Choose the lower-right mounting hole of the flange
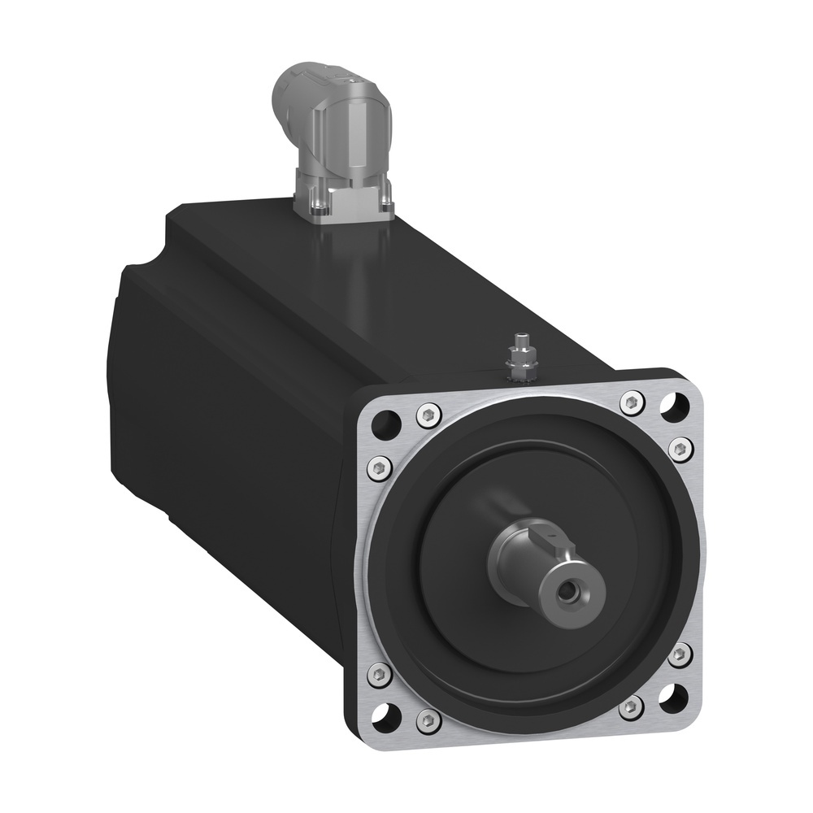coord(672,696)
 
